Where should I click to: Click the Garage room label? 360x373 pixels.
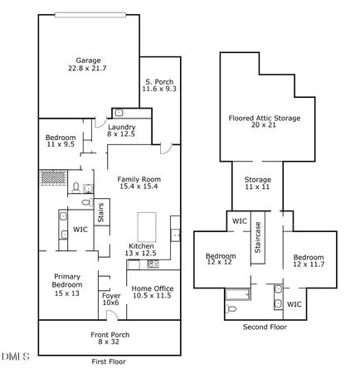tap(88, 61)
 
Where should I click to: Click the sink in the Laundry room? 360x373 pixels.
tap(119, 112)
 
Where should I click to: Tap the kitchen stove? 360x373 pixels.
tap(153, 264)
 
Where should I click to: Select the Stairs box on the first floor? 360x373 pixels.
tap(101, 212)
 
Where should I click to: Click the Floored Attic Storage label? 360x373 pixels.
tap(264, 118)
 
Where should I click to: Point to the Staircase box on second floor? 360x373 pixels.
tap(259, 237)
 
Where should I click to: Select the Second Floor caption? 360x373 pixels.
tap(265, 327)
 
